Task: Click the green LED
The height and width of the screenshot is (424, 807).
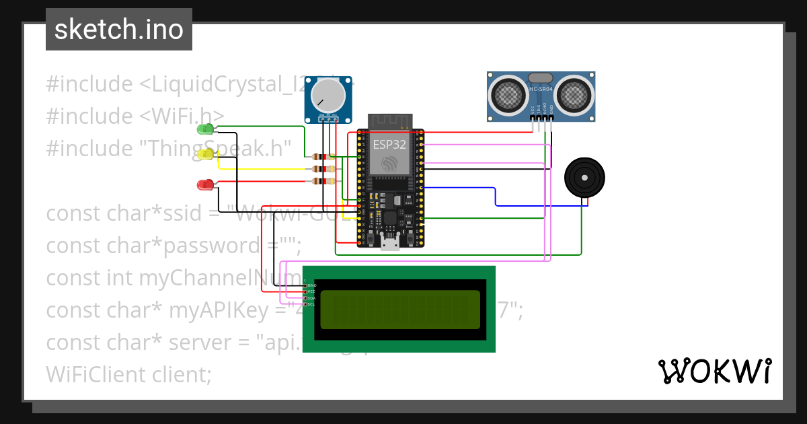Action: (x=205, y=129)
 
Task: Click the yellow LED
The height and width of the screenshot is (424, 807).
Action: (x=206, y=155)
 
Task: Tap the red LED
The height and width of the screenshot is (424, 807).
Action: (x=205, y=184)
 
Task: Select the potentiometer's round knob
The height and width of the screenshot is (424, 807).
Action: (x=328, y=96)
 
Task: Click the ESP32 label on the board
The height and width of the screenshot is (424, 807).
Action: (x=389, y=144)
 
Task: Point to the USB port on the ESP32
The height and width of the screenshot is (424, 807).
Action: (x=389, y=243)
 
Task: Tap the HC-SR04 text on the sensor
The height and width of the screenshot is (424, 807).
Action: (x=541, y=89)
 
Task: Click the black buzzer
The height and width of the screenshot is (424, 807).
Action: (x=584, y=178)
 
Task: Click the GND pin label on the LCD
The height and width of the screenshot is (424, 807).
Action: (x=312, y=285)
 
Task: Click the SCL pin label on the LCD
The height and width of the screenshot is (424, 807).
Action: (x=312, y=304)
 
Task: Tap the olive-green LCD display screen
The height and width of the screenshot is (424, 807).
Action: (x=400, y=310)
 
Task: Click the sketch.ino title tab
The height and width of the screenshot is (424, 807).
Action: (x=119, y=30)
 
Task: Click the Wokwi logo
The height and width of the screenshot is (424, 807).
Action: (x=714, y=372)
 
